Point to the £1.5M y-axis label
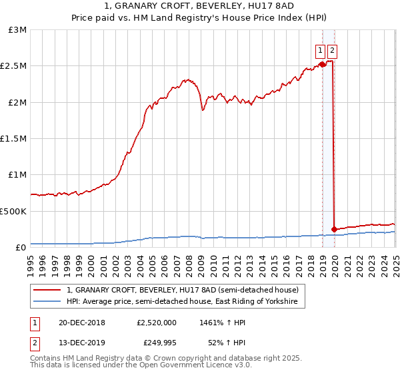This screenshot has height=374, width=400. (13, 139)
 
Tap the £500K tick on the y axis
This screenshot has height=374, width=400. (13, 211)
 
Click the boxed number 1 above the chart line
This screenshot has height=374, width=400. (321, 49)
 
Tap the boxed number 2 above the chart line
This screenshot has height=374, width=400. (332, 49)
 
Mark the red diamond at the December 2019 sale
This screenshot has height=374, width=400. (334, 229)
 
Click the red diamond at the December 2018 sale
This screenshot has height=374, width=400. (323, 64)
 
